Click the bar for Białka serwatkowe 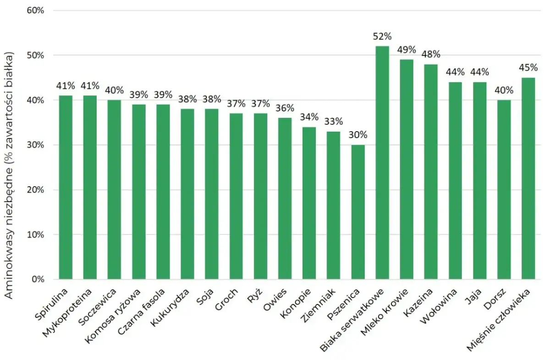[382, 163]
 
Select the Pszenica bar [358, 212]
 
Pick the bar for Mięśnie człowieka [528, 178]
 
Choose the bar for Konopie [309, 203]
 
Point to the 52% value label [382, 36]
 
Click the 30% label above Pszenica [358, 135]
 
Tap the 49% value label [407, 50]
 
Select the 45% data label [528, 68]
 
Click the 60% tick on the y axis [35, 11]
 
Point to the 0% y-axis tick [38, 279]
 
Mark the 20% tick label [35, 190]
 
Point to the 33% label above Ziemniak [334, 122]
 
